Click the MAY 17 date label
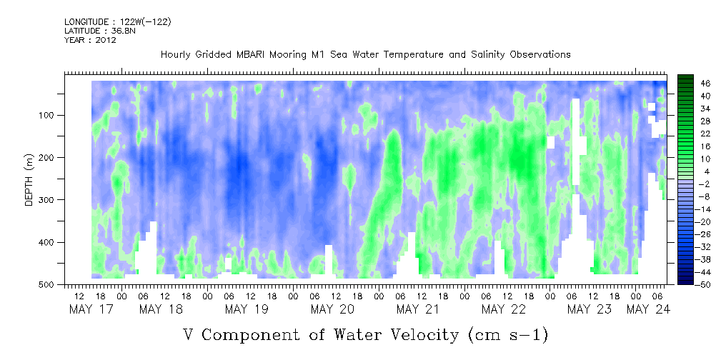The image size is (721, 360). (91, 309)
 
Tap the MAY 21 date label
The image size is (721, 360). (417, 309)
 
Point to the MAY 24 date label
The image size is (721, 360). (648, 309)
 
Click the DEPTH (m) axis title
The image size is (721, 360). (29, 181)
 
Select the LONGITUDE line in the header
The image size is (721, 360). (117, 22)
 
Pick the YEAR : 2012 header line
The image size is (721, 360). (90, 40)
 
